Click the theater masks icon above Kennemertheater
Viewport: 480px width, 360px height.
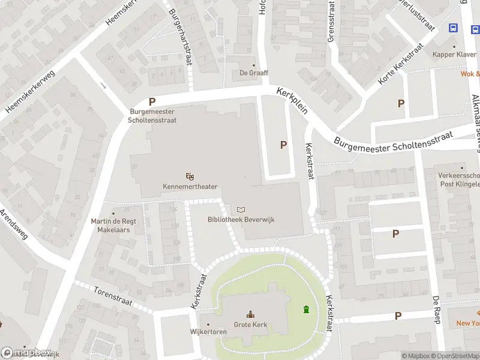(x=190, y=176)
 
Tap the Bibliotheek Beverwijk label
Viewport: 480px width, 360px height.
(x=241, y=220)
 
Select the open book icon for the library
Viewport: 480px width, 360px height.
(x=241, y=209)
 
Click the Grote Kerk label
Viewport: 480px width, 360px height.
(x=250, y=325)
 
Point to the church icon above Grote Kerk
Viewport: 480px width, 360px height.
(x=250, y=314)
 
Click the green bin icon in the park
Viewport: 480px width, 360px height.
(x=307, y=310)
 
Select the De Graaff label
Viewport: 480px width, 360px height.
(x=254, y=73)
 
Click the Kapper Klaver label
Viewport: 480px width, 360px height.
(x=454, y=55)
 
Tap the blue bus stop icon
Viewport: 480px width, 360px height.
(x=453, y=28)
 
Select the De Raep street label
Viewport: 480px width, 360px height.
(x=436, y=309)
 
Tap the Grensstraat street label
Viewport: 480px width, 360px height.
(x=331, y=21)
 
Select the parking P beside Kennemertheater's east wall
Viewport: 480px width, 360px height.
(x=283, y=145)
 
